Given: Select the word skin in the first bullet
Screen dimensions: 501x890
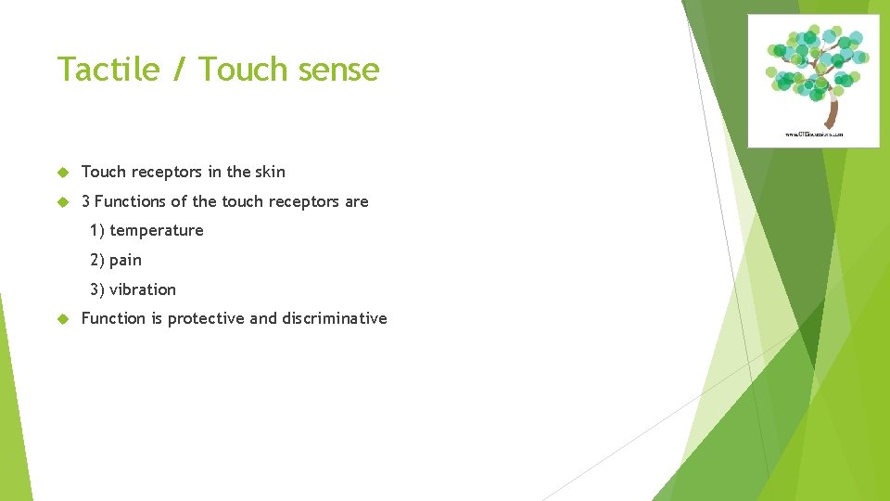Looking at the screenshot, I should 270,172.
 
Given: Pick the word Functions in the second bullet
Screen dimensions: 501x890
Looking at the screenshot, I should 131,201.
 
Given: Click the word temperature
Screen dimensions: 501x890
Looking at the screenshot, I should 156,230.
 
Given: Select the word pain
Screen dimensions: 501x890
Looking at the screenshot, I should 125,260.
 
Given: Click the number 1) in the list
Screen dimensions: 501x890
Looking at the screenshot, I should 97,230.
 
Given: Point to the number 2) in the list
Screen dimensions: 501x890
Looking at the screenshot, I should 97,260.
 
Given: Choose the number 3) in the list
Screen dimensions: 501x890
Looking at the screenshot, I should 97,289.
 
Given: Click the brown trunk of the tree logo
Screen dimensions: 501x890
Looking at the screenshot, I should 832,110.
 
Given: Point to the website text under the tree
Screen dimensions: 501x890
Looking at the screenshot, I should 815,135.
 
